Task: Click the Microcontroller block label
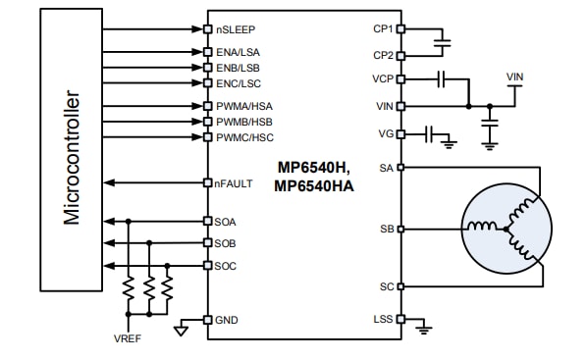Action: [x=72, y=159]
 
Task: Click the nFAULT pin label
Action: [x=233, y=182]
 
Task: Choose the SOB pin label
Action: [x=225, y=243]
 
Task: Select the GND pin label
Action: [x=226, y=320]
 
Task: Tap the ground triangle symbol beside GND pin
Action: [x=181, y=330]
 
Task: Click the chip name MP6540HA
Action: [x=313, y=185]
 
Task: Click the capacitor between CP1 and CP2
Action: [x=443, y=43]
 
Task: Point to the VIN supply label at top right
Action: [x=515, y=77]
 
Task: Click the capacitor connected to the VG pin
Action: [x=430, y=133]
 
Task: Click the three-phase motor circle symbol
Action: [x=505, y=229]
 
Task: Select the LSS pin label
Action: [x=381, y=320]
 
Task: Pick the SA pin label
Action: [x=385, y=168]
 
